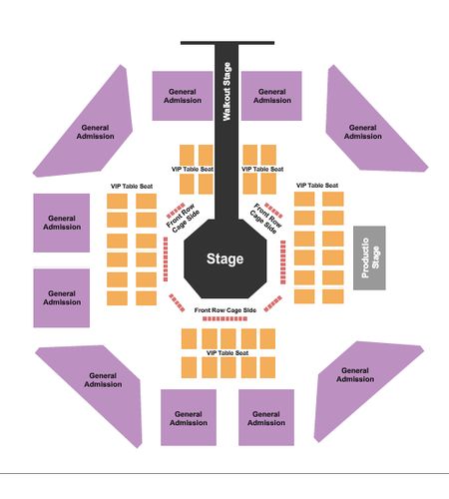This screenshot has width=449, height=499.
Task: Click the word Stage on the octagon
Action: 225,258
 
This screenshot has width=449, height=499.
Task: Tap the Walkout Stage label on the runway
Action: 226,92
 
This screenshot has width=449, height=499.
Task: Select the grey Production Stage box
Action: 369,257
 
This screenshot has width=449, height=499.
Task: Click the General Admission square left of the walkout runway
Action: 183,96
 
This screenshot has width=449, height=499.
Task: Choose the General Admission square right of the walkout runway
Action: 271,96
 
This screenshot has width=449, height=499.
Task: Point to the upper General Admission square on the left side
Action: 62,223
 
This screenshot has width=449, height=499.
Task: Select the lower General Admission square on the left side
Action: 62,298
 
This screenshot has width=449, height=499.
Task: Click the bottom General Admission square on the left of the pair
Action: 189,417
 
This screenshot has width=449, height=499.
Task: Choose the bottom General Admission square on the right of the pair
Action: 266,417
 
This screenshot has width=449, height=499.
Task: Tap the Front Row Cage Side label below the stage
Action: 225,310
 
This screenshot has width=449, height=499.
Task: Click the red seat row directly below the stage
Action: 225,318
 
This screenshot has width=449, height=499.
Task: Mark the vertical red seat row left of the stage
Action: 166,259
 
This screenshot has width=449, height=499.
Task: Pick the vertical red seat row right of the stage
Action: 283,262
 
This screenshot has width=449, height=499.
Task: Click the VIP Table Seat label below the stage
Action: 227,353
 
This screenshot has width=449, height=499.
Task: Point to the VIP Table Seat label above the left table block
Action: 132,187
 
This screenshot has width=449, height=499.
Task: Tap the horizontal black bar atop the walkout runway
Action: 227,43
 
